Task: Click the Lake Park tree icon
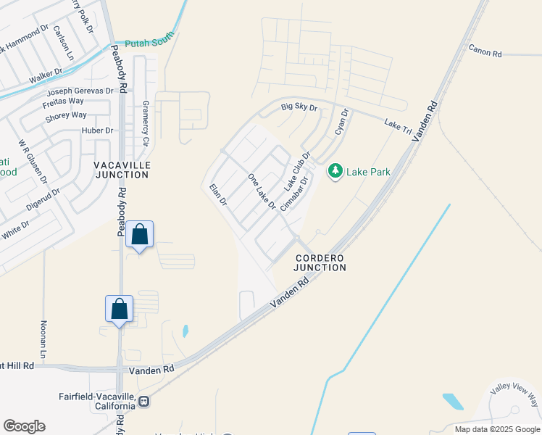coord(335,171)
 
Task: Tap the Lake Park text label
coord(369,172)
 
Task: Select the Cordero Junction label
coord(320,262)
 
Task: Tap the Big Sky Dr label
coord(299,107)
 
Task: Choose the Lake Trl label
coord(398,125)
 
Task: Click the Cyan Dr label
coord(342,121)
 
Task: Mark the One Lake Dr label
coord(262,191)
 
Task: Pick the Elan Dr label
coord(218,195)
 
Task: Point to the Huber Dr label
coord(99,130)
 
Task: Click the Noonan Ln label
coord(43,335)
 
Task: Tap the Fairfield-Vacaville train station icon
coord(144,401)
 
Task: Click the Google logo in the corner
coord(24,426)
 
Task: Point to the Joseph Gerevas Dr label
coord(80,91)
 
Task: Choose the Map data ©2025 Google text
coord(497,429)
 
